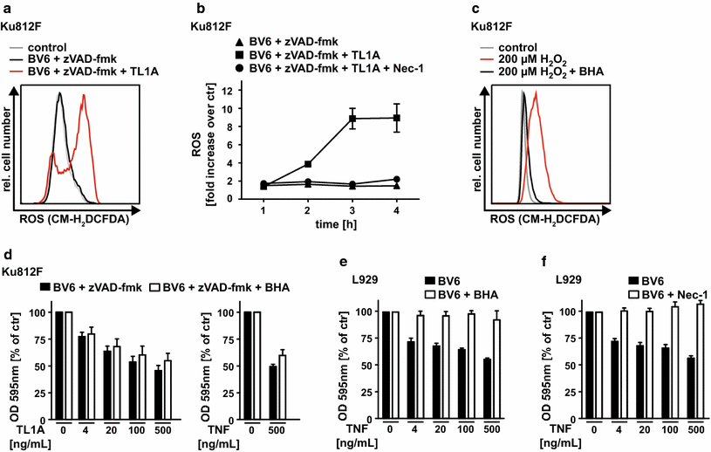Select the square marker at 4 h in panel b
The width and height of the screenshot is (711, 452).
(x=397, y=118)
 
